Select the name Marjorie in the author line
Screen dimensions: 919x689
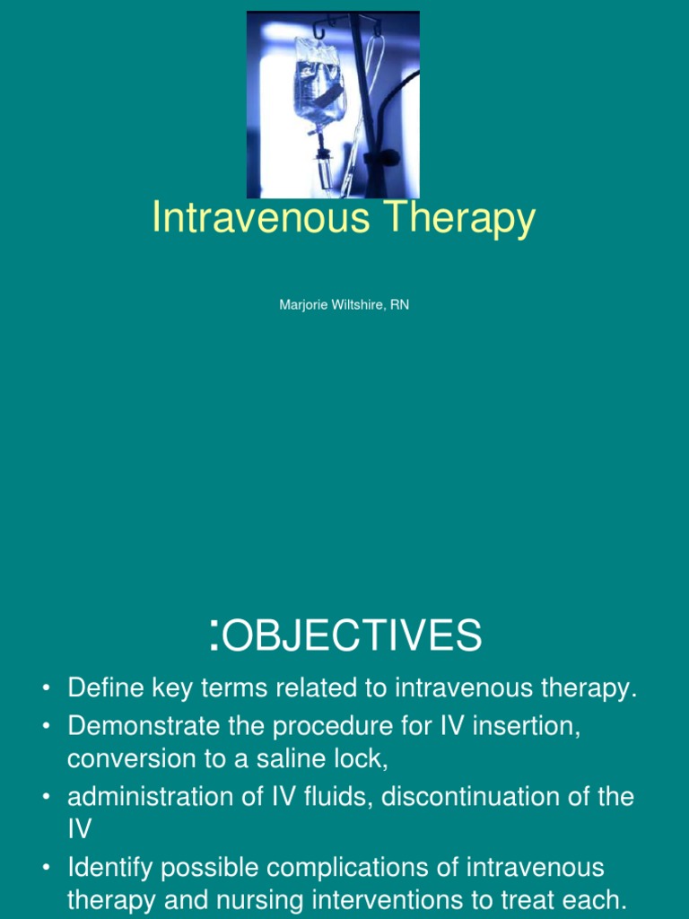pyautogui.click(x=303, y=305)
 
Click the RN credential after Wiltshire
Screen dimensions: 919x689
pyautogui.click(x=399, y=305)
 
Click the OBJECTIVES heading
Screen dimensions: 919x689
pyautogui.click(x=352, y=636)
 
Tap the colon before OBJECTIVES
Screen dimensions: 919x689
pyautogui.click(x=214, y=634)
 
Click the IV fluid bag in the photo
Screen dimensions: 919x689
pyautogui.click(x=318, y=85)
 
